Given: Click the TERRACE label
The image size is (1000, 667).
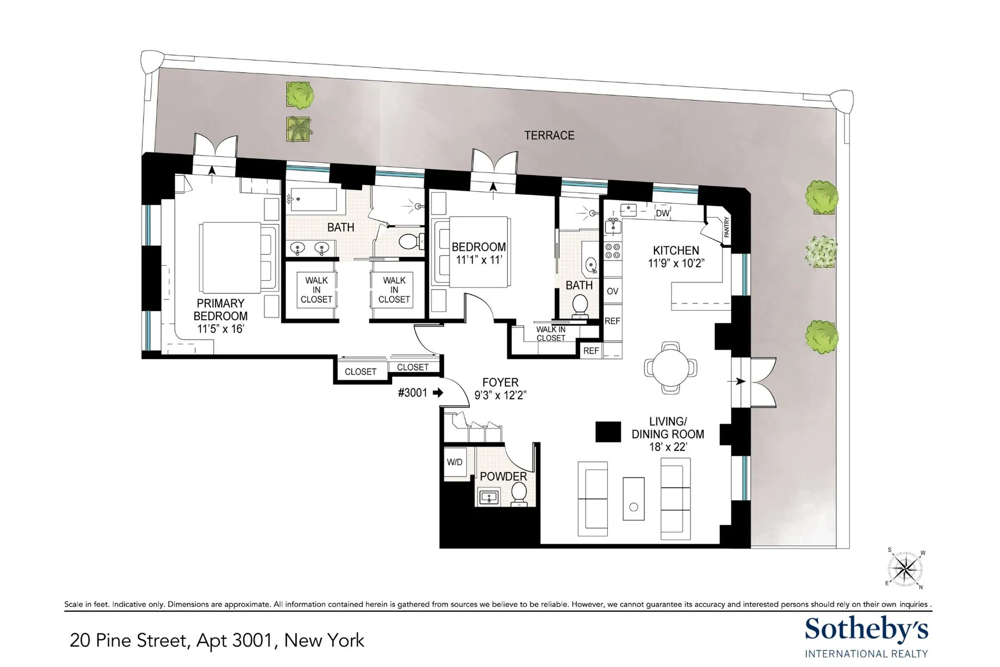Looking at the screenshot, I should [x=549, y=135].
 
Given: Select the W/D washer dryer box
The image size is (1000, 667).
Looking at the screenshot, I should [x=454, y=462].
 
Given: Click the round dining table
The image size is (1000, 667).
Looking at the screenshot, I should [x=671, y=367].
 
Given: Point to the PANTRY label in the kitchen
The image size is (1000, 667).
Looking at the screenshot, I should [x=727, y=227].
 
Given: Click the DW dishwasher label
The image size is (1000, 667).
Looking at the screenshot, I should [x=662, y=213].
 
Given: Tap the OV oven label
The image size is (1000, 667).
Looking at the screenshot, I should [x=612, y=291].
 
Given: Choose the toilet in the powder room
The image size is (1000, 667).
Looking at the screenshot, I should [x=519, y=494].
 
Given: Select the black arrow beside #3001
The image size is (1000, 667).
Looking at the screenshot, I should [x=438, y=392].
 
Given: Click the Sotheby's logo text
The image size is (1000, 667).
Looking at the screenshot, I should [x=866, y=629].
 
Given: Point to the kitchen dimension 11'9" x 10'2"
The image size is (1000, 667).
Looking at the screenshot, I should [x=676, y=263].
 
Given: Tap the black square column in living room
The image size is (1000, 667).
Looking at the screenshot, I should [x=608, y=432].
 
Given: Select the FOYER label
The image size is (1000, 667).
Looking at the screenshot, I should [x=500, y=382].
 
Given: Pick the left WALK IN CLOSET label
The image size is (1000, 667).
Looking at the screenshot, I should [x=316, y=290].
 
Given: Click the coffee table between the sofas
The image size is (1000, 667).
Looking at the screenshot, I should [x=633, y=499].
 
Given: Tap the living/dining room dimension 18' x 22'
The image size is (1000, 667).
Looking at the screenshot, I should [x=668, y=447].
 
